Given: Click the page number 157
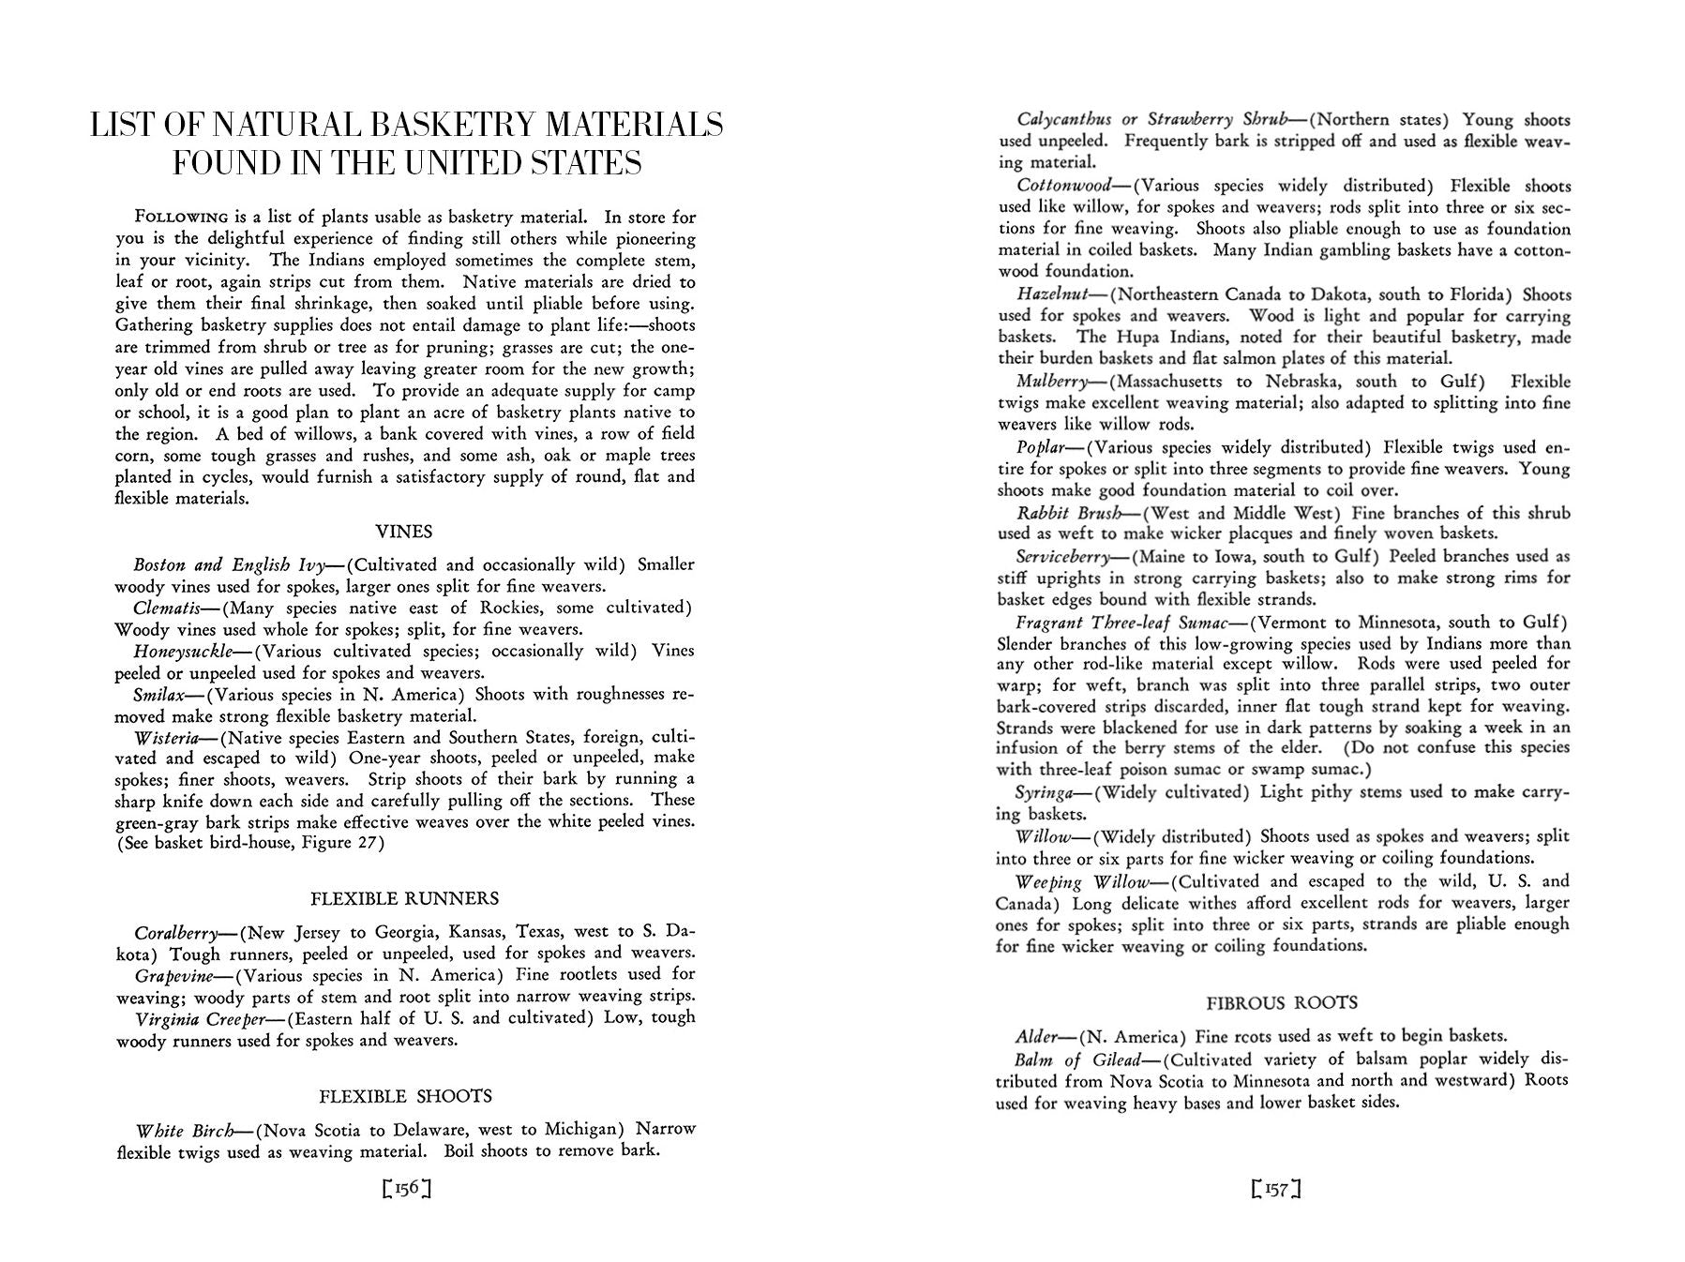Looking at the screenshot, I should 1276,1190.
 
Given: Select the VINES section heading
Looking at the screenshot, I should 403,532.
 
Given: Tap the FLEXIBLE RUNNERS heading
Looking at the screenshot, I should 404,898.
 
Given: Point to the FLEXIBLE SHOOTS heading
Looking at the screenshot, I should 405,1096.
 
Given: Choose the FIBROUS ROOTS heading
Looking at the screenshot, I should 1281,1003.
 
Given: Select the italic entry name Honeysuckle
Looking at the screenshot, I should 183,651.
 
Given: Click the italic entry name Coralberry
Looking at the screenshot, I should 175,932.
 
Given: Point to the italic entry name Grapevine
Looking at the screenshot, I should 173,975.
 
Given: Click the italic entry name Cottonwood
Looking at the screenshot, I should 1063,186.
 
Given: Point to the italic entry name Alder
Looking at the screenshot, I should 1037,1037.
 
